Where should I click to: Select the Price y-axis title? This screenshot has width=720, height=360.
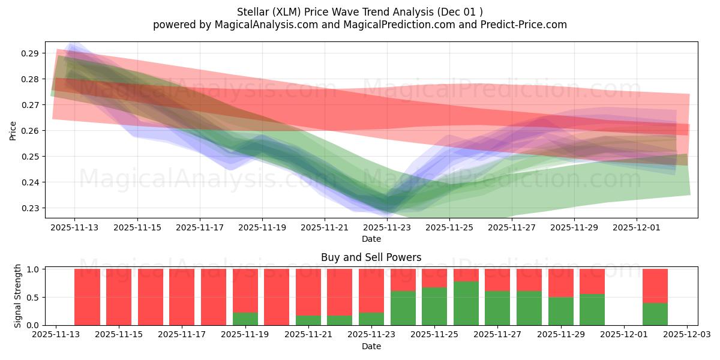[13, 130]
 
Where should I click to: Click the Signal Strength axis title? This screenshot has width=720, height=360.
[18, 296]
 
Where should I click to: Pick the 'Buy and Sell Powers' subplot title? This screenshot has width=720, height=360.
[371, 257]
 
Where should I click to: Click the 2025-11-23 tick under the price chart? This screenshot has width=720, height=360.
[387, 227]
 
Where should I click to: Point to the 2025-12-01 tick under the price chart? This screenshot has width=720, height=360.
[637, 227]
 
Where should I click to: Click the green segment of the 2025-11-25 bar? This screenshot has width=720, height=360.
[434, 306]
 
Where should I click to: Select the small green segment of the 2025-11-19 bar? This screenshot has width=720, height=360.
[245, 319]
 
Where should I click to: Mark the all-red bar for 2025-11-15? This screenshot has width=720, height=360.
[119, 297]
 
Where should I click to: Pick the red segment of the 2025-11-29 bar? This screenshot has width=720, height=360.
[561, 283]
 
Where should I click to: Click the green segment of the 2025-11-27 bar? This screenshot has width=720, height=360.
[497, 308]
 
